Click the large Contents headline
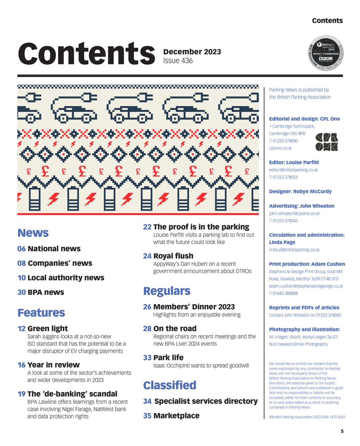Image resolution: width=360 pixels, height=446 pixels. pyautogui.click(x=86, y=53)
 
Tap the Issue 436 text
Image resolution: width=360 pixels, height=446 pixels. pyautogui.click(x=178, y=61)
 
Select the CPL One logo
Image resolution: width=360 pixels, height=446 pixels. pyautogui.click(x=327, y=142)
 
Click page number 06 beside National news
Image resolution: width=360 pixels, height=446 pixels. pyautogui.click(x=21, y=249)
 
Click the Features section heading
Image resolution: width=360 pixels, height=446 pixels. pyautogui.click(x=41, y=313)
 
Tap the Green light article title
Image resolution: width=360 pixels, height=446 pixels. pyautogui.click(x=47, y=329)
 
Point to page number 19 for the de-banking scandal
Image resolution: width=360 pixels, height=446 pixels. pyautogui.click(x=21, y=394)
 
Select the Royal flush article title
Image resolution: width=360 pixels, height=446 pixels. pyautogui.click(x=173, y=256)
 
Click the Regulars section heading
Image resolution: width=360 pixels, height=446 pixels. pyautogui.click(x=167, y=291)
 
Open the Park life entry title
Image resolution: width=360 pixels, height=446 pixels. pyautogui.click(x=168, y=357)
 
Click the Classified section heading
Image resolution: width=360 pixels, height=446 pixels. pyautogui.click(x=170, y=385)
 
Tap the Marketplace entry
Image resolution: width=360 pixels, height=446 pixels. pyautogui.click(x=176, y=416)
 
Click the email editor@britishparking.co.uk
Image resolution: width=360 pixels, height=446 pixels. pyautogui.click(x=293, y=170)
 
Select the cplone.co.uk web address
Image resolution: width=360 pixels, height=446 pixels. pyautogui.click(x=280, y=148)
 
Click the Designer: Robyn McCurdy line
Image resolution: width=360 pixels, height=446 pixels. pyautogui.click(x=300, y=191)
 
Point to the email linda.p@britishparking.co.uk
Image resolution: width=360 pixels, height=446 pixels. pyautogui.click(x=294, y=250)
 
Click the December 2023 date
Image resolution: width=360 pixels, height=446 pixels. pyautogui.click(x=192, y=52)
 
